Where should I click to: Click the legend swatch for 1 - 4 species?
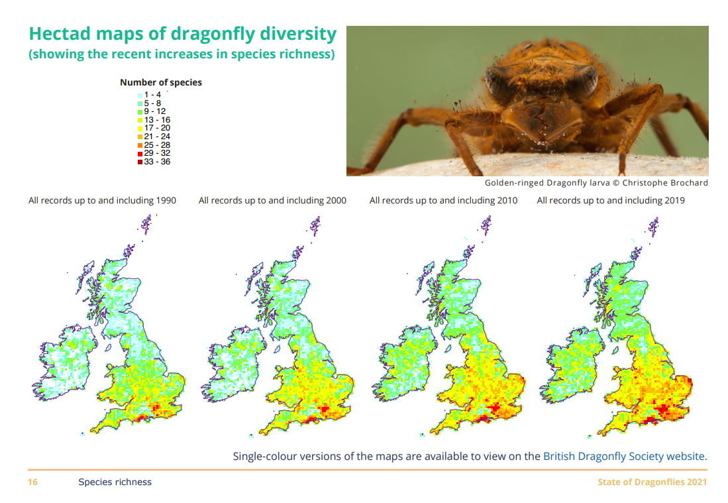tap(140, 95)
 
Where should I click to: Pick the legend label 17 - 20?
tap(157, 128)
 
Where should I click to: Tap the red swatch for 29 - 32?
tap(140, 154)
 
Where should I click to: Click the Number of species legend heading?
tap(161, 82)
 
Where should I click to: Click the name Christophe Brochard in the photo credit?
tap(665, 182)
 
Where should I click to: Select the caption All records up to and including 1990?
tap(102, 200)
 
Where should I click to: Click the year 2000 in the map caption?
tap(336, 200)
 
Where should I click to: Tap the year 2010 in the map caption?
tap(507, 200)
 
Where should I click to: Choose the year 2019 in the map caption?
tap(674, 200)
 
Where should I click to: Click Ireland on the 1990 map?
tap(65, 363)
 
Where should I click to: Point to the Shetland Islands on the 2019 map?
tap(653, 227)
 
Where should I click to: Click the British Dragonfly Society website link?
tap(624, 456)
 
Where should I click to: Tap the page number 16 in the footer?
tap(32, 482)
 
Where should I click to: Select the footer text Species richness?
tap(115, 482)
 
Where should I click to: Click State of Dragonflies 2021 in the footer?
tap(652, 482)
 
